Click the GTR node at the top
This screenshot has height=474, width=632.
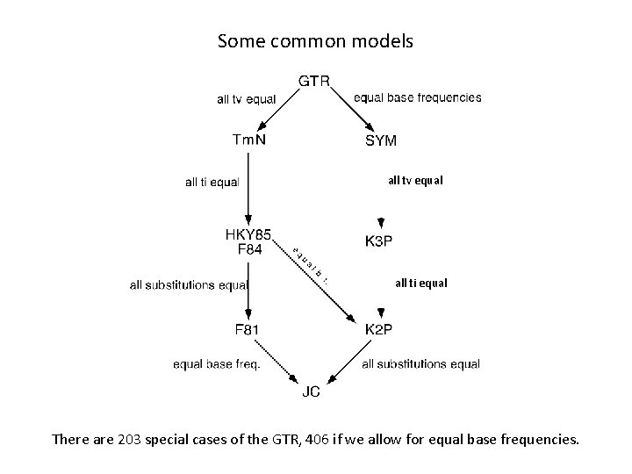point(314,82)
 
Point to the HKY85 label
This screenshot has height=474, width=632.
point(248,234)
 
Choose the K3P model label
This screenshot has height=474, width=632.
point(378,241)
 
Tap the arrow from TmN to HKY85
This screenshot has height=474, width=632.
point(248,185)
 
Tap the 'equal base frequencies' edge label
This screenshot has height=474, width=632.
point(417,97)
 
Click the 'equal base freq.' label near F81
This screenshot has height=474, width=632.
point(216,364)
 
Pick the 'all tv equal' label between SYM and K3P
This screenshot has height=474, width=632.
point(415,181)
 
